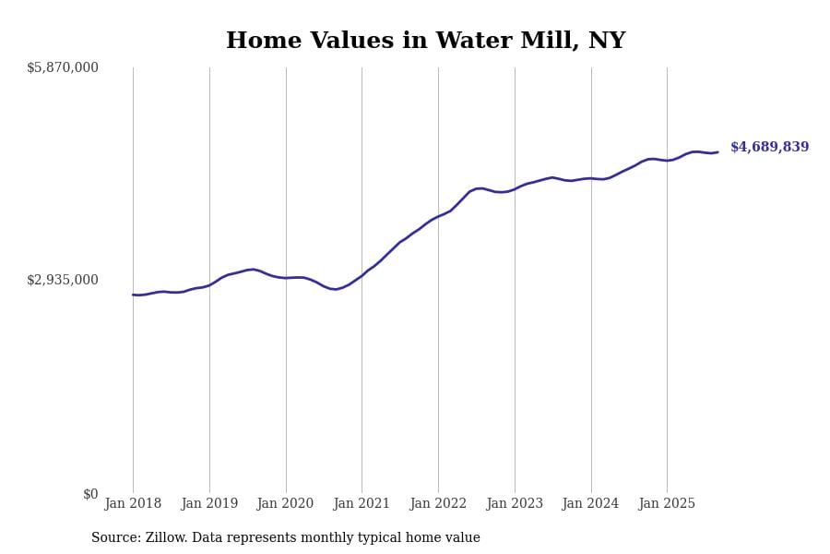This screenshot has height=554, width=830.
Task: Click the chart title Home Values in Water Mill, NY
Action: (x=425, y=42)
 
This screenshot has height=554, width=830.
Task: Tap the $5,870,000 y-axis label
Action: (x=63, y=67)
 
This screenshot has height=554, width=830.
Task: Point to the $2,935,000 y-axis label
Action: (x=63, y=280)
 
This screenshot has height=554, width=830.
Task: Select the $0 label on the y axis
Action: (x=90, y=494)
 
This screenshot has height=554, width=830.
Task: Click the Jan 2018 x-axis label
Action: (x=133, y=504)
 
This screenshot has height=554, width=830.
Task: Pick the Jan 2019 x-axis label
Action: (x=209, y=504)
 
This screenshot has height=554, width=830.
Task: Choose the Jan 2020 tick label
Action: (x=285, y=504)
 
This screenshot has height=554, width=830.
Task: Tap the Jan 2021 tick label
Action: (x=362, y=504)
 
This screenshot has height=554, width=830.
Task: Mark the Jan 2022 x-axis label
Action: (x=438, y=504)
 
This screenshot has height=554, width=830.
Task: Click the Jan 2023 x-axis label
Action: (x=515, y=504)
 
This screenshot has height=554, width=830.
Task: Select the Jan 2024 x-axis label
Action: (x=590, y=504)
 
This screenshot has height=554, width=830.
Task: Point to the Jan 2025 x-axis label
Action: (x=667, y=504)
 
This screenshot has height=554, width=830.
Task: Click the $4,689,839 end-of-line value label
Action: (x=769, y=148)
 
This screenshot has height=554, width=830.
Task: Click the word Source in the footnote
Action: (x=115, y=538)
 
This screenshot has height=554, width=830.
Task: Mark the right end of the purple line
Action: (x=717, y=152)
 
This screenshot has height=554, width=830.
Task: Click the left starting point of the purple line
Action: (x=133, y=295)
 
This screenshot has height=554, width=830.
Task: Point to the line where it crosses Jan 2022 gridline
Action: (x=438, y=217)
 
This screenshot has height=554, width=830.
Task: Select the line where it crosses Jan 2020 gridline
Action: (x=286, y=278)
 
